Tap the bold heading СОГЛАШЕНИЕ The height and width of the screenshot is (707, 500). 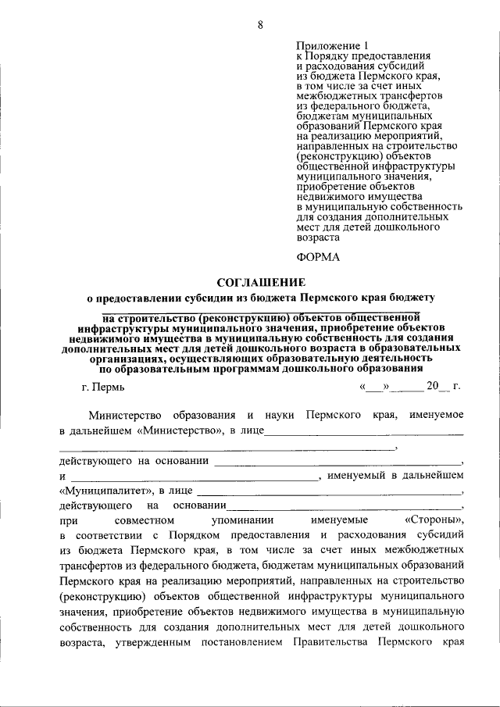point(260,281)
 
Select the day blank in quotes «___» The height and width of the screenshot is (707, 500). point(373,387)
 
